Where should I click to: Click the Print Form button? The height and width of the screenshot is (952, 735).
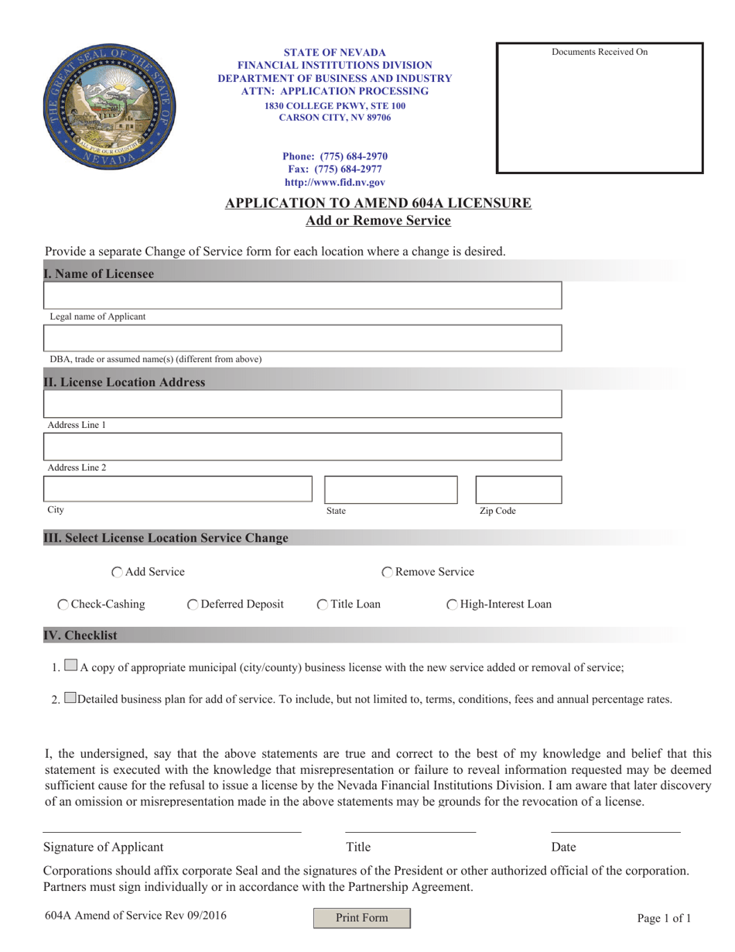361,918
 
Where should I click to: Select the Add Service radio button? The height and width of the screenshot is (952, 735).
117,573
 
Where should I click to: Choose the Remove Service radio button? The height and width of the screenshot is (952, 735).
388,573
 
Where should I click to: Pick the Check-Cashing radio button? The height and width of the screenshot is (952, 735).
63,604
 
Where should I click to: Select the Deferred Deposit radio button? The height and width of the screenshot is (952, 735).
193,604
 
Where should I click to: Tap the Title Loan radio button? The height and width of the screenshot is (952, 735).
323,604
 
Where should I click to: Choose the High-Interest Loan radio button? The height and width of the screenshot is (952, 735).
452,604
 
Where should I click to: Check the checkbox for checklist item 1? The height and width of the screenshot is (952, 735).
71,664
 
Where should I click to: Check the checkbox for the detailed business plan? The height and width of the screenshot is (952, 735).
71,697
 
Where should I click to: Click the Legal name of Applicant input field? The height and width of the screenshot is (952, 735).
303,296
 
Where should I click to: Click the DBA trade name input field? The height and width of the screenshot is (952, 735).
303,339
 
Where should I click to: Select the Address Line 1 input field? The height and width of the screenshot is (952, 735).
303,405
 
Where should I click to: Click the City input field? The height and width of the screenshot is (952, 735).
177,489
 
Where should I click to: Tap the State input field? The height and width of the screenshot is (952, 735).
391,489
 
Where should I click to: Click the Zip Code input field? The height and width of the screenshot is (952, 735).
518,489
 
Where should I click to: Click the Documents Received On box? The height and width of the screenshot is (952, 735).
600,108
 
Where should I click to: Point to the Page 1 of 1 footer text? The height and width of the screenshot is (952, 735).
664,919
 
